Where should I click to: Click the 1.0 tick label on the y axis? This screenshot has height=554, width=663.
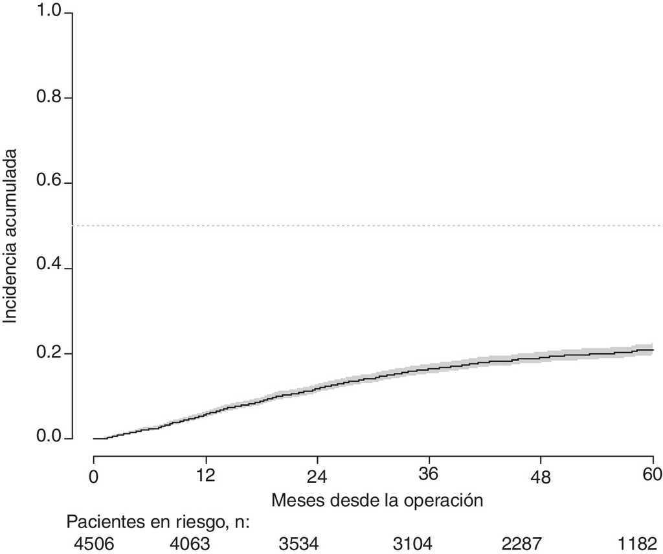point(49,13)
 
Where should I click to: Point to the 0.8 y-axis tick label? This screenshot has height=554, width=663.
point(49,98)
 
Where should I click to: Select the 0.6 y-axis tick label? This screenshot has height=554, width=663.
point(49,183)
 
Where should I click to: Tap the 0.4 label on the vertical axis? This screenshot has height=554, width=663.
point(49,269)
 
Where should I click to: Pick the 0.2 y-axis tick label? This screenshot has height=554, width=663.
point(49,353)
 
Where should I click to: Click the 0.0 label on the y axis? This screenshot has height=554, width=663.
point(49,439)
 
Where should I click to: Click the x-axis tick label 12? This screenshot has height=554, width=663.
point(206,476)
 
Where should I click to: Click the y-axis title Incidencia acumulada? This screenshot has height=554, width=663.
point(11,236)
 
